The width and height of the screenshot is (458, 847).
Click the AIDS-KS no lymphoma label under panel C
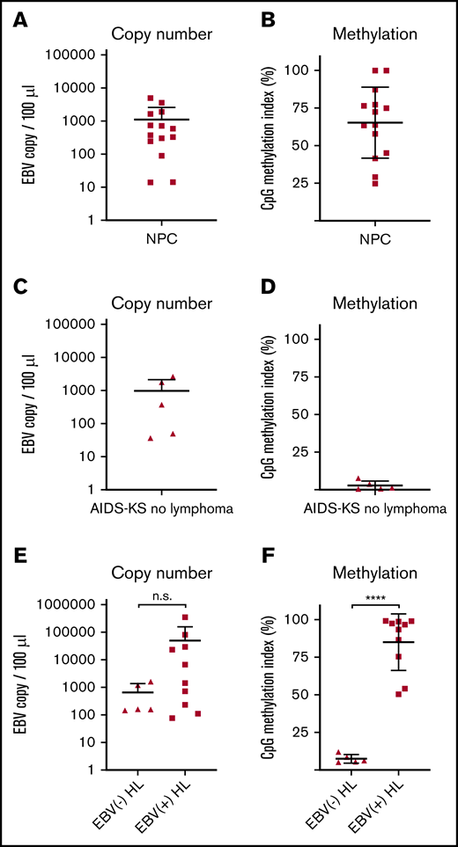160,507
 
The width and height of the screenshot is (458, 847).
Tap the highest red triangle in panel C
173,377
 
